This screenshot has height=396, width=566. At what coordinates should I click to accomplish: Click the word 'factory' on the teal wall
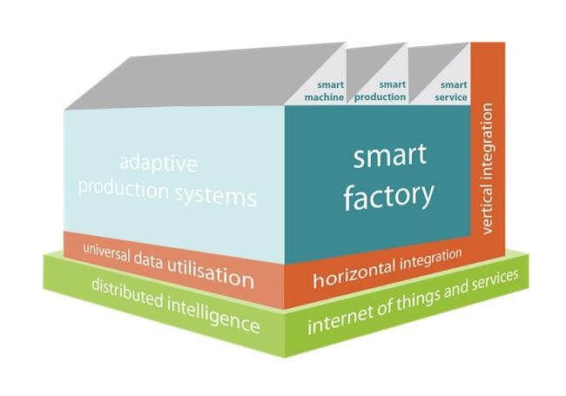coord(388,196)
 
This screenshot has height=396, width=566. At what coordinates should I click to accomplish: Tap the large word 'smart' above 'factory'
coord(390,156)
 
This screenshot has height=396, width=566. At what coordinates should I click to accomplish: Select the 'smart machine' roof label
coord(324,91)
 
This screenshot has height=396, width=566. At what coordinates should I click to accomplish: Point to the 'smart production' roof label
coord(380,91)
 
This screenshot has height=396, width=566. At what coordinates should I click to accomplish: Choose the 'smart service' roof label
coord(451,91)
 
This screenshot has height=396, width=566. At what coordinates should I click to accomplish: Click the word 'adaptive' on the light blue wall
coord(158,164)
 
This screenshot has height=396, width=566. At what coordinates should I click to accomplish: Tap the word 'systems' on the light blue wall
coord(216,197)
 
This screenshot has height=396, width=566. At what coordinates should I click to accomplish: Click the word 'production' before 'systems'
coord(123,189)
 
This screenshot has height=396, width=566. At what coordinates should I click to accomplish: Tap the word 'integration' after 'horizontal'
coord(431,259)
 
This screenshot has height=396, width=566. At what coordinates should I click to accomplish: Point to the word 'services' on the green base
coord(495,280)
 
